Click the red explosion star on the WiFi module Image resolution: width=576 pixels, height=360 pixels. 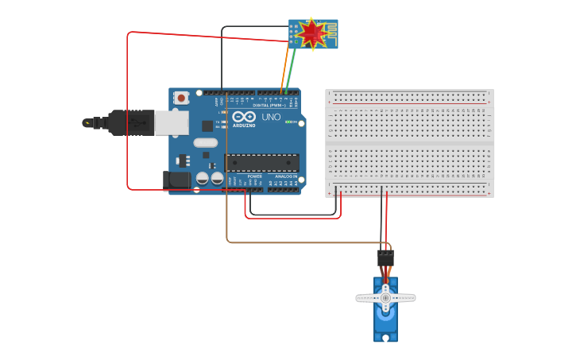[311, 33]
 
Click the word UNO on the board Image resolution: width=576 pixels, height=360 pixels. [271, 117]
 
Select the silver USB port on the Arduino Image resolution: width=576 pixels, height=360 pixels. [171, 122]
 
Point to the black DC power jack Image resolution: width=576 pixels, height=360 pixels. [177, 180]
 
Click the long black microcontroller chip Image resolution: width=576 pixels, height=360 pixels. [262, 163]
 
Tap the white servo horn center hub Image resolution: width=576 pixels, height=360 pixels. [385, 298]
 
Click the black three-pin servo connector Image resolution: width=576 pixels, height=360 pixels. [385, 258]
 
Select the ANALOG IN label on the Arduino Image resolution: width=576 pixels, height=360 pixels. [285, 176]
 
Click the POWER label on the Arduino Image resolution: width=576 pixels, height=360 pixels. [254, 176]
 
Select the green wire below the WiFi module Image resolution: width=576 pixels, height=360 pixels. [292, 68]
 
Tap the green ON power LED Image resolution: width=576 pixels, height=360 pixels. [292, 122]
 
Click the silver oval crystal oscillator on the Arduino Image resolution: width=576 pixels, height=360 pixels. [205, 144]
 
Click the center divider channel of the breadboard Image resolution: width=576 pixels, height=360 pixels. [409, 143]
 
